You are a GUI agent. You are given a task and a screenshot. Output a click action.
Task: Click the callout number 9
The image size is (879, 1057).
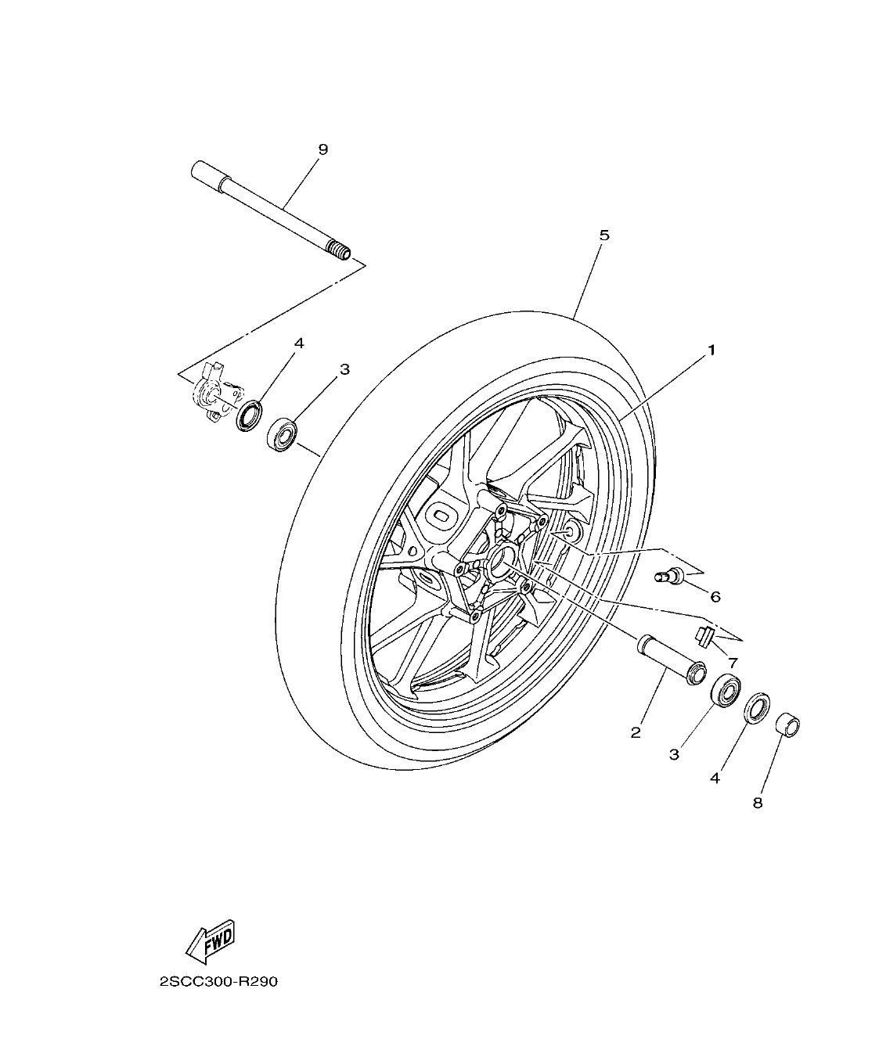(x=322, y=149)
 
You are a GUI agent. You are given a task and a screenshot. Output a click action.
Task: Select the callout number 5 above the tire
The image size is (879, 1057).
(x=603, y=235)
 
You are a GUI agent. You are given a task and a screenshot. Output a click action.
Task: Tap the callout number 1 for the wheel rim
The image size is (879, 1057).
(x=711, y=351)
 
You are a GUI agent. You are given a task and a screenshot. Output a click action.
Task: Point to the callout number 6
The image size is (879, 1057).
(x=715, y=597)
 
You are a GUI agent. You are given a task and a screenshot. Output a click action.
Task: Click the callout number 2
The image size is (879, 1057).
(x=636, y=732)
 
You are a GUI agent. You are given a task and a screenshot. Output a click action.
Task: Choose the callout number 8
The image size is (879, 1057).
(x=757, y=803)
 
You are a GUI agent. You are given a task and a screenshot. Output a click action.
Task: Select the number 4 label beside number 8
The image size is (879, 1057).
(x=714, y=778)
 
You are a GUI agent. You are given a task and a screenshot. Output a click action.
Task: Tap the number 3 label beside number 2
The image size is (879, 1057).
(x=674, y=754)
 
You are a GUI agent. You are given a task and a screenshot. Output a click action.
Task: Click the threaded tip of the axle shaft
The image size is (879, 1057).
(x=339, y=251)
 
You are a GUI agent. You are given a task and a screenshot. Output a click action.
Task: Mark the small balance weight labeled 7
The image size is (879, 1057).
(x=704, y=635)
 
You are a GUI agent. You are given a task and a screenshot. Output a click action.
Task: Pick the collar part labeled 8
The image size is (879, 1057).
(x=787, y=725)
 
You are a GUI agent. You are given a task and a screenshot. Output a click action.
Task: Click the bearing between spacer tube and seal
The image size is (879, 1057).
(x=726, y=688)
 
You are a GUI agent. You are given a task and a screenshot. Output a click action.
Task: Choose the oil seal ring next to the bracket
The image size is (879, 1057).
(x=250, y=414)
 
